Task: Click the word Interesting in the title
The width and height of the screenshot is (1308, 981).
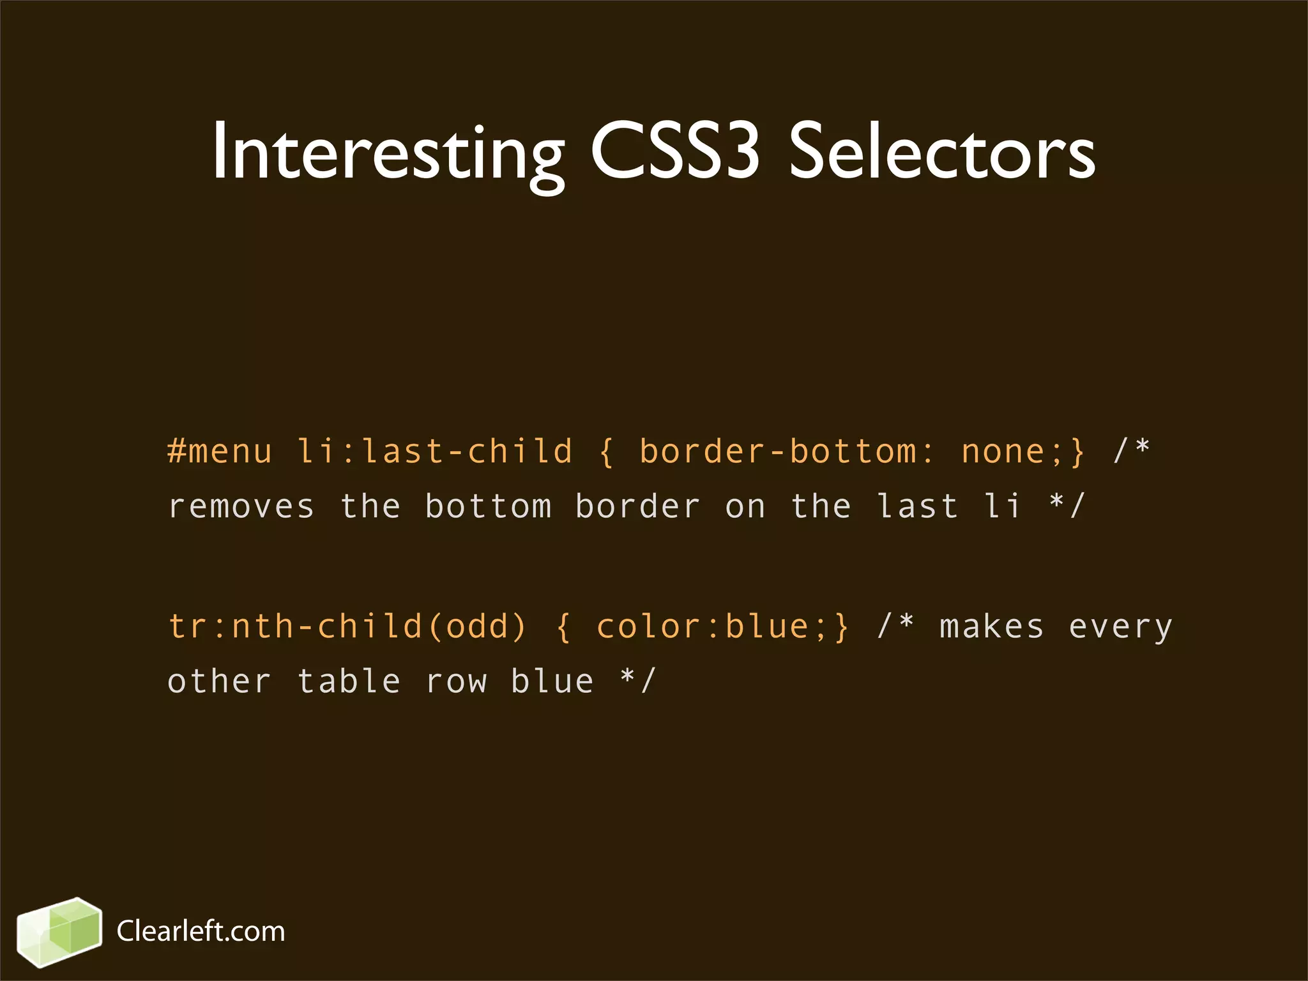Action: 388,153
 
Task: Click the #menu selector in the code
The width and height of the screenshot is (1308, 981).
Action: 220,451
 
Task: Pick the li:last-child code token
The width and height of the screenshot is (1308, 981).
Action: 435,451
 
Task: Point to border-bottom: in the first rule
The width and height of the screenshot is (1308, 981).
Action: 786,451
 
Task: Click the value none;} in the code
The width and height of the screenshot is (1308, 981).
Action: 1023,451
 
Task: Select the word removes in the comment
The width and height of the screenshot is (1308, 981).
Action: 241,506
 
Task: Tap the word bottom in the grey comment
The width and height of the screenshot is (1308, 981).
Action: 489,506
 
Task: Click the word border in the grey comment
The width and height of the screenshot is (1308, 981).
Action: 638,506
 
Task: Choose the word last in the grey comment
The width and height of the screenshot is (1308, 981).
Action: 918,506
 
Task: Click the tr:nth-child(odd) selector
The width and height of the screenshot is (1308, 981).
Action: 347,626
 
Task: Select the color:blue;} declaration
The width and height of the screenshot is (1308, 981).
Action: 722,626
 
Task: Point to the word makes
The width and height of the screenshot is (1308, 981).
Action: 992,626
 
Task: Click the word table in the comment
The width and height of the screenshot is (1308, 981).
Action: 349,681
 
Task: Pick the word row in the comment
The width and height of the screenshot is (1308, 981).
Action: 456,682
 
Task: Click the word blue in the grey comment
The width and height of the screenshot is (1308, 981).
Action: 552,681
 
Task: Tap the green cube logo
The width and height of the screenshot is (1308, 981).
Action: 59,932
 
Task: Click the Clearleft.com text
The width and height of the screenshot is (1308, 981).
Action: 201,931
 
